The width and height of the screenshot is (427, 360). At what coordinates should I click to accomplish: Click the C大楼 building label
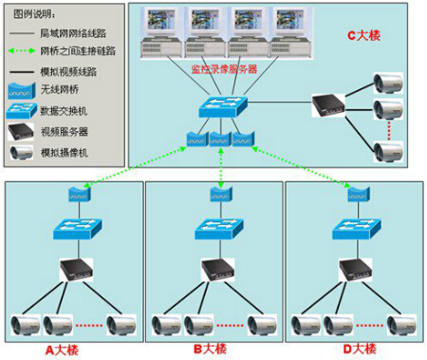coord(364,35)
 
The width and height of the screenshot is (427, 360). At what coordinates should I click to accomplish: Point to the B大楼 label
coord(211,349)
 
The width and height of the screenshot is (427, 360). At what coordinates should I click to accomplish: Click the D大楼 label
coord(358,349)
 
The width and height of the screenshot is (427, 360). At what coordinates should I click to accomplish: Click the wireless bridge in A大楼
coord(77,194)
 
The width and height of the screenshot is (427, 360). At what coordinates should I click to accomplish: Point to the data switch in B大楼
coord(214,229)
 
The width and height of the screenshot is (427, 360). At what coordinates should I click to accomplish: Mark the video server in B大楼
coord(212,270)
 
